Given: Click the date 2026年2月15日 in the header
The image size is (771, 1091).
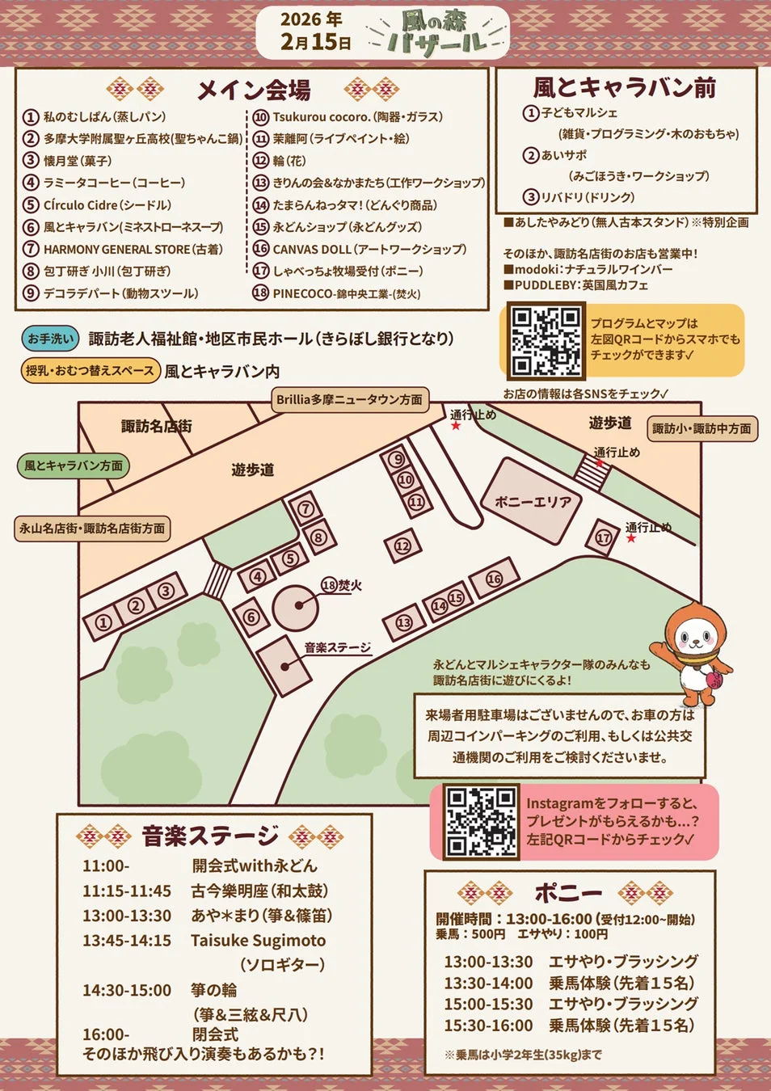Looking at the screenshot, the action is (x=314, y=31).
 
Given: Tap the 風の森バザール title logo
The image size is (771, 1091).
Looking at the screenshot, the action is (x=436, y=33).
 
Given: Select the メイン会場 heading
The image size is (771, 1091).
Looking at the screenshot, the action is (x=253, y=90).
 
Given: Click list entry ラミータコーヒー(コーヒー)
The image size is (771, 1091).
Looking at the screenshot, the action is (x=114, y=183).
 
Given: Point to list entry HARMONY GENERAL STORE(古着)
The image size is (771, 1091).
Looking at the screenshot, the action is (x=133, y=249).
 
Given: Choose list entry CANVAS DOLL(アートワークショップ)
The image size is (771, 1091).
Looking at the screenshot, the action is (x=369, y=249).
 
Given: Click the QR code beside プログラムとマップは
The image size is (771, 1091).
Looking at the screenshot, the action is (x=546, y=340).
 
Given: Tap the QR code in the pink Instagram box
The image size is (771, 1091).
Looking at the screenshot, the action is (x=482, y=821).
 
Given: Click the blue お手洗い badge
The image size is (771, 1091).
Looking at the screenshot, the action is (x=50, y=339).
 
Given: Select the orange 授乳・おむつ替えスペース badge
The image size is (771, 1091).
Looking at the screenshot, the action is (x=90, y=370).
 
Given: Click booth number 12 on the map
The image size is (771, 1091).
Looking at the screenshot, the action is (x=402, y=546).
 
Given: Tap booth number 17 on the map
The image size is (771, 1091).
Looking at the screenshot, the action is (x=603, y=537).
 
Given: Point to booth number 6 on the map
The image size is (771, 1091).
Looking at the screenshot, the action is (x=251, y=617).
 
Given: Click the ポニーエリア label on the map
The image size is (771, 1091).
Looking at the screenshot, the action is (x=533, y=502).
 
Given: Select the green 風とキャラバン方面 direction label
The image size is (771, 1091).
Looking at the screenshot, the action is (x=74, y=465).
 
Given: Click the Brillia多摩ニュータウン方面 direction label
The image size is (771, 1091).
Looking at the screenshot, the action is (x=349, y=399).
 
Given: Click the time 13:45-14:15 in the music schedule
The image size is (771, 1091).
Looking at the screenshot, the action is (x=127, y=941).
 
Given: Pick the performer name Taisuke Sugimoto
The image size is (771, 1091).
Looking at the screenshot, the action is (x=259, y=941).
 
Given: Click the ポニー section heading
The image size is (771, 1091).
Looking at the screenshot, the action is (x=568, y=893).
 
